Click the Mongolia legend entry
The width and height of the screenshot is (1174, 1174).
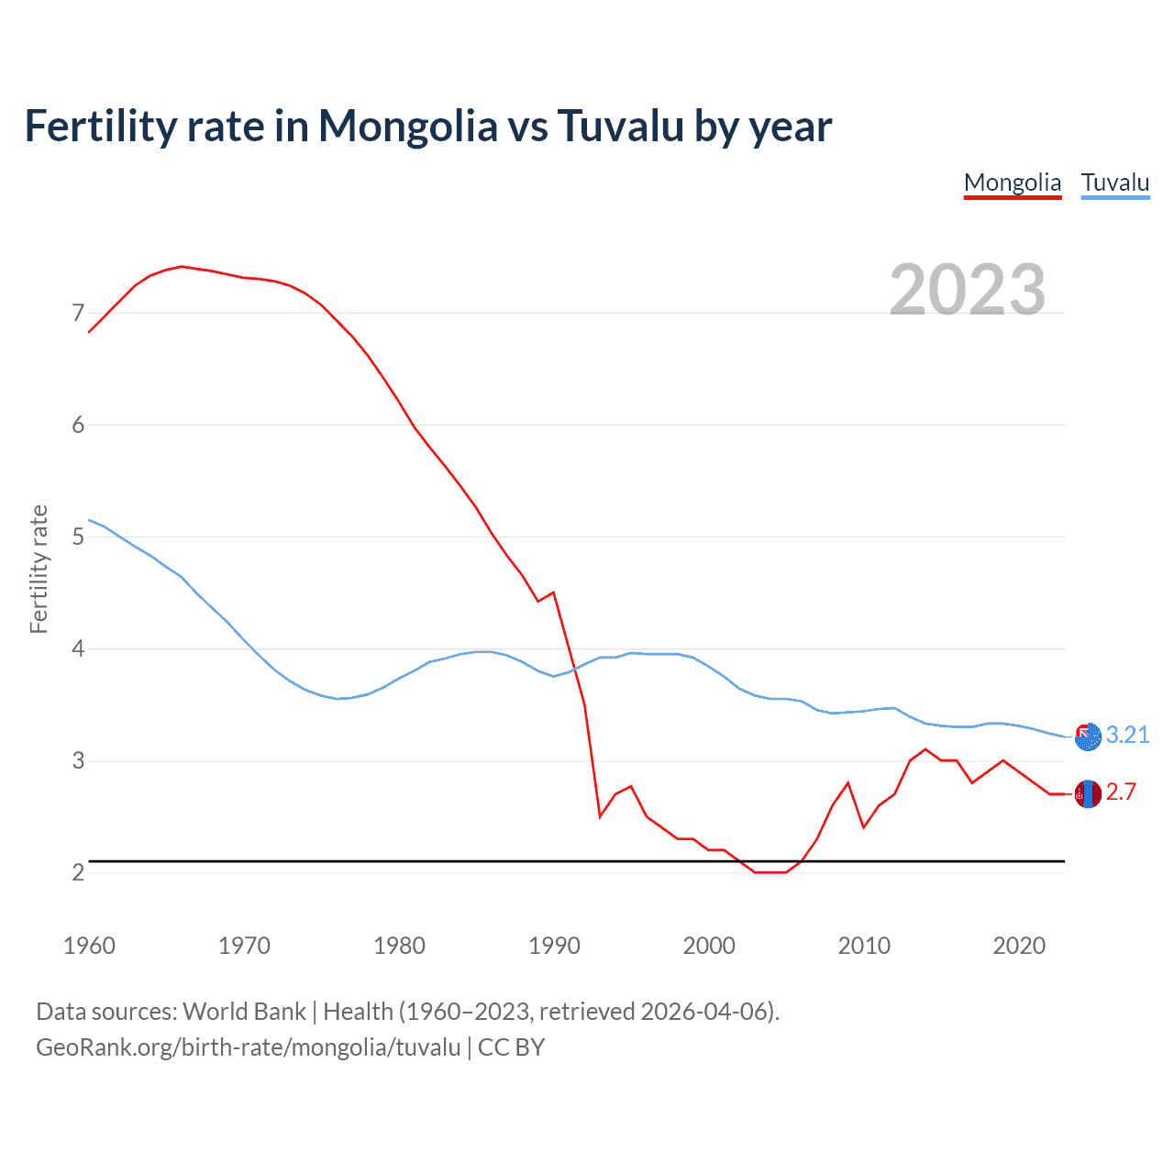coord(1012,183)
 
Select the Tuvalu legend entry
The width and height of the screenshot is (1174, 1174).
coord(1114,183)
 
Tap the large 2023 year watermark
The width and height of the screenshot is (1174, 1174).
coord(967,290)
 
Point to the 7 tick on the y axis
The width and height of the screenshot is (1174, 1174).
coord(78,314)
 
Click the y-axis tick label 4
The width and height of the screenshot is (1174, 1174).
coord(78,649)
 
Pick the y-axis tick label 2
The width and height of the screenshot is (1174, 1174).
coord(78,872)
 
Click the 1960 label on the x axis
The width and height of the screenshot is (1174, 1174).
coord(89,946)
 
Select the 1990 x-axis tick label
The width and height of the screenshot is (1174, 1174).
coord(554,946)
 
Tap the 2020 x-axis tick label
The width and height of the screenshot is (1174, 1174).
coord(1019,946)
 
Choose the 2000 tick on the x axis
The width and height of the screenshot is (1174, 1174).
coord(709,946)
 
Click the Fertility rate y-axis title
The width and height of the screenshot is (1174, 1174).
coord(39,569)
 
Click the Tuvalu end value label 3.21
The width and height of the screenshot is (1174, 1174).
coord(1127,735)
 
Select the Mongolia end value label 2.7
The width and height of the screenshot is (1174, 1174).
coord(1121,792)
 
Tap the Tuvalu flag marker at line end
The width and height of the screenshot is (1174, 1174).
coord(1088,737)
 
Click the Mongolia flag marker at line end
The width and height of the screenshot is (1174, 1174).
coord(1088,793)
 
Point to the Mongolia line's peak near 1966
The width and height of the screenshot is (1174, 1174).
coord(182,266)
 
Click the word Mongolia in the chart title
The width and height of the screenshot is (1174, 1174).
coord(407,127)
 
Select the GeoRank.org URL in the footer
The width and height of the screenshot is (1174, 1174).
coord(248,1047)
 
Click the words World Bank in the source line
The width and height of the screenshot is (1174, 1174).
coord(244,1012)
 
